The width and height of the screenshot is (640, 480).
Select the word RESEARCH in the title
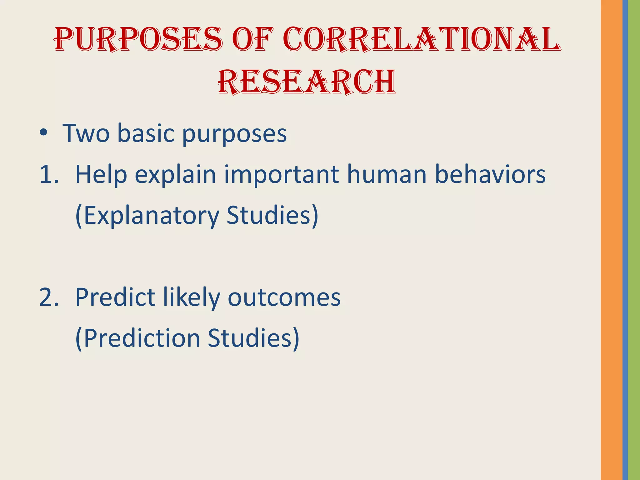point(307,82)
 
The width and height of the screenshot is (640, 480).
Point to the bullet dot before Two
point(43,133)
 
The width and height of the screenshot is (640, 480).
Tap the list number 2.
point(48,297)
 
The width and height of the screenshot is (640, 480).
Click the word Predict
point(115,297)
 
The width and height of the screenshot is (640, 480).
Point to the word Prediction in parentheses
point(142,338)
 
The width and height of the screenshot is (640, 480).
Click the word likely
point(191,297)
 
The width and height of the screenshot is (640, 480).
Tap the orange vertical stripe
point(611,240)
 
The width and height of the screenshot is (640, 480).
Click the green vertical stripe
point(634,240)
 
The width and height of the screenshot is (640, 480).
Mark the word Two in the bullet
point(86,133)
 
